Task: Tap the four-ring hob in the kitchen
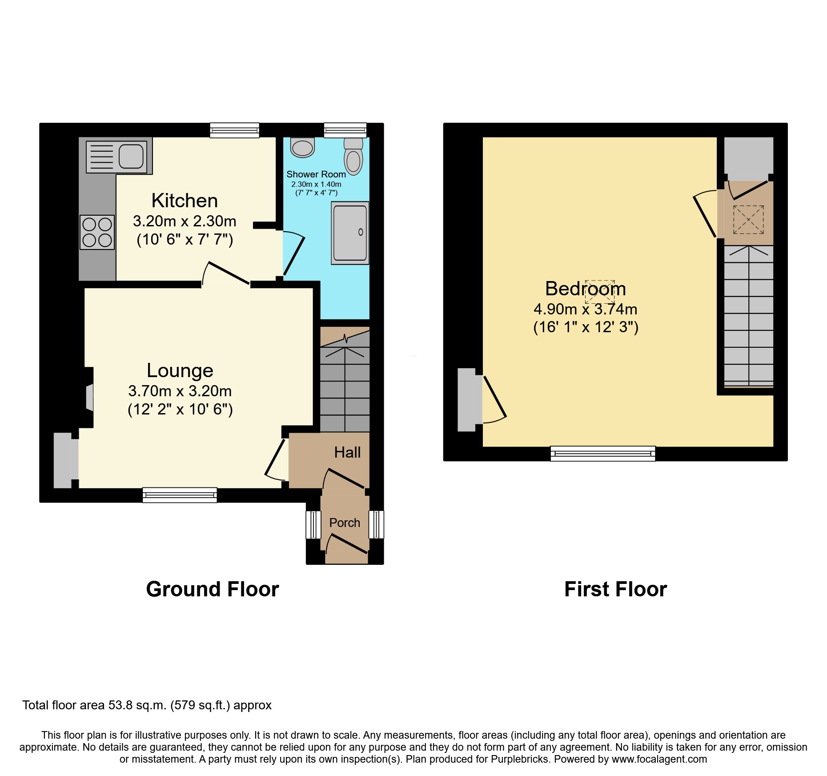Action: (97, 232)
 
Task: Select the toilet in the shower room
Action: (353, 158)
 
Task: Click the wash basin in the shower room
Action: (303, 147)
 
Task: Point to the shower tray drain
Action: (361, 232)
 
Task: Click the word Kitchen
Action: (185, 201)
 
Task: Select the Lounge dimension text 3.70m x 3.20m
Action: (180, 391)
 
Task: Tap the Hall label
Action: (347, 452)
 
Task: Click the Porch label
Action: (345, 523)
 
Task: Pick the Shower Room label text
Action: (316, 174)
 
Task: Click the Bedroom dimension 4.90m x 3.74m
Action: (585, 309)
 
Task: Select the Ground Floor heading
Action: (213, 589)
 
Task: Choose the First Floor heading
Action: (615, 589)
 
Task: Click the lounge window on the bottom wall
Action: (180, 495)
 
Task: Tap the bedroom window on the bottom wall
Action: (603, 454)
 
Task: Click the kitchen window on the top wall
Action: (235, 130)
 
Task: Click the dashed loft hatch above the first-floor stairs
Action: (748, 219)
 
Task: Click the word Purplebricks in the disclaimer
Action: (520, 759)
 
